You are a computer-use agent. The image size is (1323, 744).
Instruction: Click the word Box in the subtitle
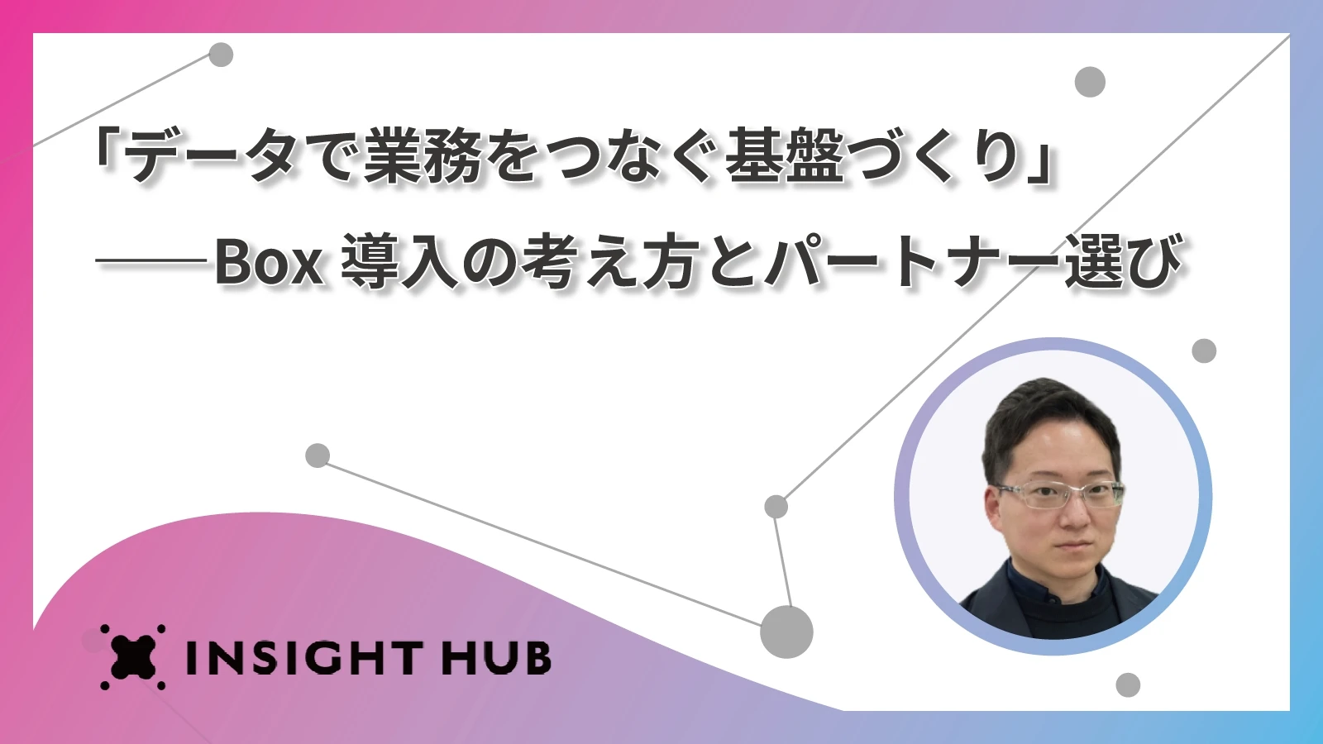click(270, 262)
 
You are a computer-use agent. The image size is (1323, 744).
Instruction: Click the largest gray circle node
click(786, 632)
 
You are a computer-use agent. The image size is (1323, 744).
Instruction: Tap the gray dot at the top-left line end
click(222, 55)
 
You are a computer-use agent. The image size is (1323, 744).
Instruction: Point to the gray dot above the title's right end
click(1090, 82)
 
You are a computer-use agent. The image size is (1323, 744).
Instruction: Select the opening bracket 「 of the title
click(108, 155)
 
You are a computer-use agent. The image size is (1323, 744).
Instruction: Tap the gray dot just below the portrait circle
click(1128, 685)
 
